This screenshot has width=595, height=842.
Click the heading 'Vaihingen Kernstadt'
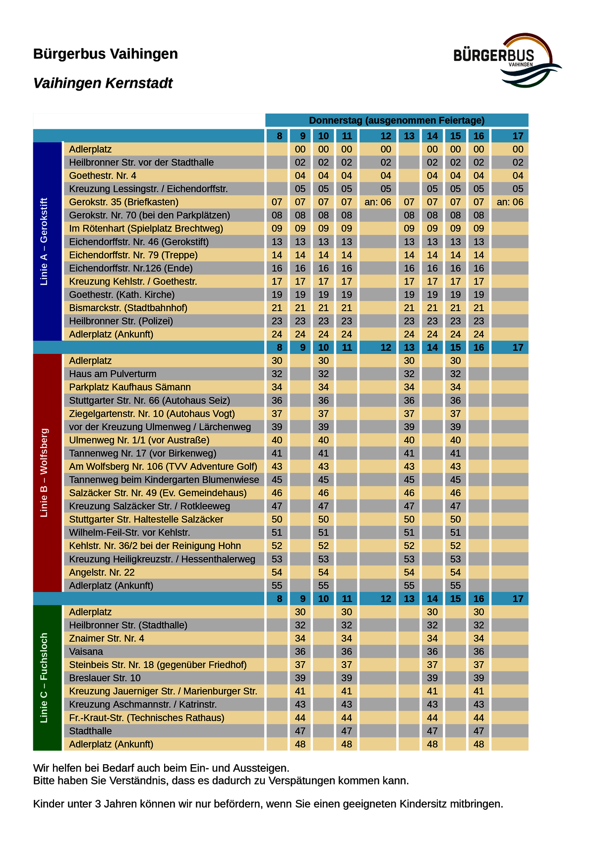(x=103, y=83)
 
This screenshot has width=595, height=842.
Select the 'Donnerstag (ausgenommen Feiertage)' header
(x=397, y=120)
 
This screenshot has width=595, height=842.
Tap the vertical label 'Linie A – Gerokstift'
(x=44, y=241)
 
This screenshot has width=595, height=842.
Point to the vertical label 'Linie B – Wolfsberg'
(x=44, y=472)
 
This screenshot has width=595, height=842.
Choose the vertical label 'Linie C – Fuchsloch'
(x=44, y=677)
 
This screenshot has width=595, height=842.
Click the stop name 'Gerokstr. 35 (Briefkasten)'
(x=124, y=202)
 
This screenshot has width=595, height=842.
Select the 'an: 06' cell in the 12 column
(x=378, y=202)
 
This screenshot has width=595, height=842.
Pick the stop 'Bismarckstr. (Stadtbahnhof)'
(x=128, y=308)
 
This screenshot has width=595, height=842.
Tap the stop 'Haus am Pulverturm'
(x=113, y=374)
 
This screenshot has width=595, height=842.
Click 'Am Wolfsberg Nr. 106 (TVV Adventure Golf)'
(x=163, y=466)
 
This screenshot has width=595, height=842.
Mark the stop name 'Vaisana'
(x=86, y=652)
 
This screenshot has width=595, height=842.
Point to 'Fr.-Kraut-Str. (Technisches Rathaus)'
(x=147, y=718)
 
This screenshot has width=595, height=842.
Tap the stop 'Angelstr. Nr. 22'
(x=102, y=572)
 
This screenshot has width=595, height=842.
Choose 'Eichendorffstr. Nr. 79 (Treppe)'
(x=133, y=255)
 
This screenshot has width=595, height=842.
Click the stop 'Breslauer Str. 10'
(x=105, y=678)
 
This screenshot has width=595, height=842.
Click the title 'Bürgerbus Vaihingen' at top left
(x=106, y=54)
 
